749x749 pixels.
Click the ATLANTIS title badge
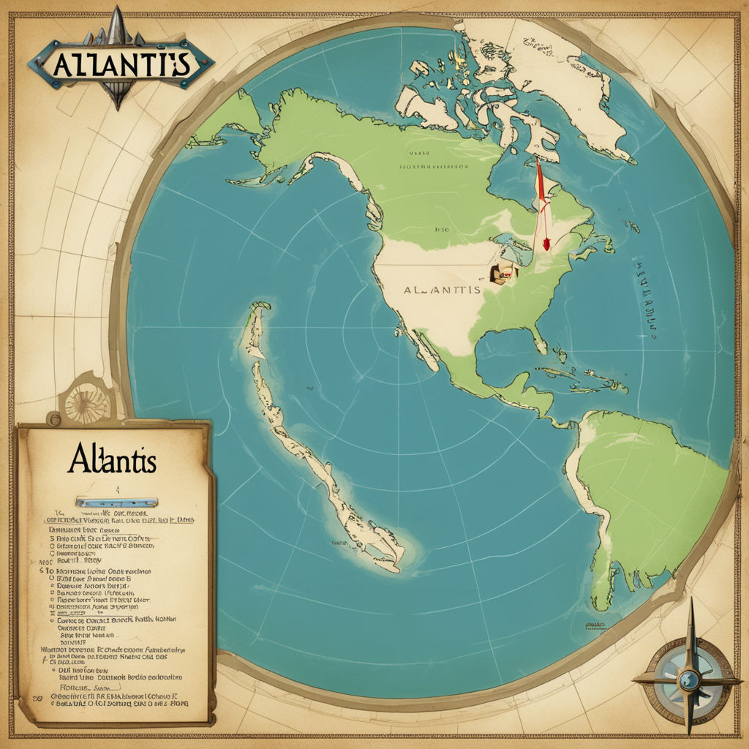click(x=121, y=64)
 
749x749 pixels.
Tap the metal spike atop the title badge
click(x=117, y=22)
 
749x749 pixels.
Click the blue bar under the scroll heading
click(x=117, y=503)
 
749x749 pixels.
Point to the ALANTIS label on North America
click(x=443, y=290)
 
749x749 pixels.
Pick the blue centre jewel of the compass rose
click(x=688, y=680)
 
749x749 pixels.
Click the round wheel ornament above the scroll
click(x=86, y=401)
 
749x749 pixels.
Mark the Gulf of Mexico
click(x=505, y=358)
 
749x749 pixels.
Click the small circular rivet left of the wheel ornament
click(x=53, y=419)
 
